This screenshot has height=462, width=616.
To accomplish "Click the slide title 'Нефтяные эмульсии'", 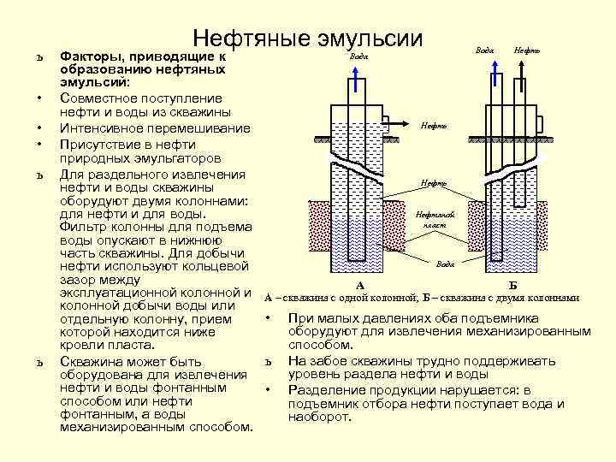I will [x=308, y=38].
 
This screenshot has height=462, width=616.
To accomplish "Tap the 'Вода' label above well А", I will [x=360, y=56].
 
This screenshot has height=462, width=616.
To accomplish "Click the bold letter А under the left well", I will [x=359, y=285].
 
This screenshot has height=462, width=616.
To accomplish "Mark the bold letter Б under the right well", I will [x=512, y=284].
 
